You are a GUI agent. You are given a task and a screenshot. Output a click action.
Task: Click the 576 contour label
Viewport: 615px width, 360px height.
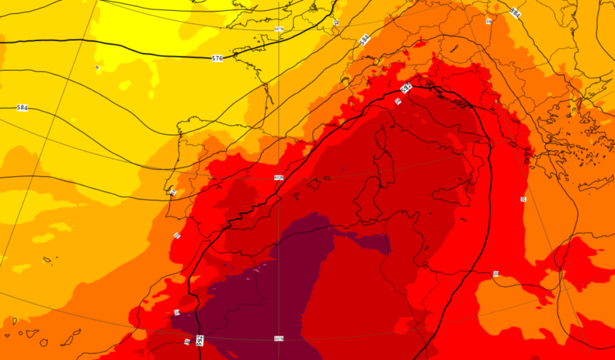tap(217, 58)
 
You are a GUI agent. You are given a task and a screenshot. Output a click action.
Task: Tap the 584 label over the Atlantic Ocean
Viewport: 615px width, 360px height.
tap(22, 108)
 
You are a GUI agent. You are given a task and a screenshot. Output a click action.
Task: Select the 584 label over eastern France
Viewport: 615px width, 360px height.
tap(364, 40)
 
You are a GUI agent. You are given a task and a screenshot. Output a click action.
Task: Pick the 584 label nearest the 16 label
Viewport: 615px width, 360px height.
tap(515, 12)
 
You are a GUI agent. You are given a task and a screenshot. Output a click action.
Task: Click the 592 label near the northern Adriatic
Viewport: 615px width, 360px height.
tap(407, 88)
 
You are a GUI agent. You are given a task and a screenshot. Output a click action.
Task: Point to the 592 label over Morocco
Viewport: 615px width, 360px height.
tap(201, 340)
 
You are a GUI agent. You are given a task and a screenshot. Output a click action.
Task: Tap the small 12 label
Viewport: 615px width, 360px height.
tap(336, 22)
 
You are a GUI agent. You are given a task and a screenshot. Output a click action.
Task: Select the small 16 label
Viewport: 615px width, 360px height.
tap(488, 21)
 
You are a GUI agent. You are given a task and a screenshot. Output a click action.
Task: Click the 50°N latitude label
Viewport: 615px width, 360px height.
tap(279, 29)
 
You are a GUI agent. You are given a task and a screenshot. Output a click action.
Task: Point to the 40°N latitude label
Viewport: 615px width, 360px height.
tap(278, 177)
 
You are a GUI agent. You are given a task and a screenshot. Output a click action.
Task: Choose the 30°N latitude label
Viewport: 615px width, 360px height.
tap(278, 338)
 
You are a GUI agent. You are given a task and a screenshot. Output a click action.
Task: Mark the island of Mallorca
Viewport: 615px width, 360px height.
tap(314, 184)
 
